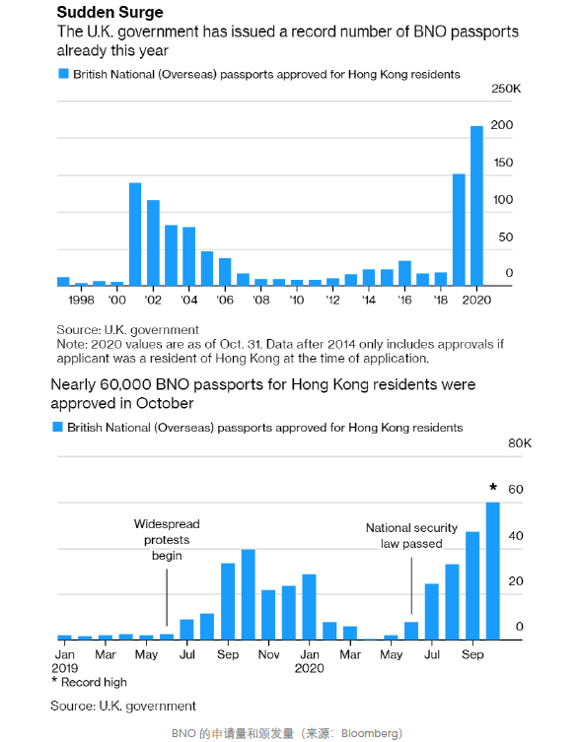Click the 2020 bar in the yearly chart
(476, 206)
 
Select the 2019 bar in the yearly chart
(459, 230)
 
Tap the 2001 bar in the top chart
(135, 235)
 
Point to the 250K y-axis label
(506, 89)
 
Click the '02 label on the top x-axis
(153, 300)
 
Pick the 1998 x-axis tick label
(81, 300)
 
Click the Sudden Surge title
(109, 12)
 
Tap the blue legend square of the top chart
(63, 73)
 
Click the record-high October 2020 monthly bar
(493, 571)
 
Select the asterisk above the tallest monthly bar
(493, 487)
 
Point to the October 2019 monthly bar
(249, 594)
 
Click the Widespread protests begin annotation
(167, 539)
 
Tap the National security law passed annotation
(411, 536)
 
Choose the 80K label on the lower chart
(520, 443)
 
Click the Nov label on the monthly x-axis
(268, 654)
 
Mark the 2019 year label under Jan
(64, 668)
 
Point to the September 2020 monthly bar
(472, 585)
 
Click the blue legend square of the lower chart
(57, 427)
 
